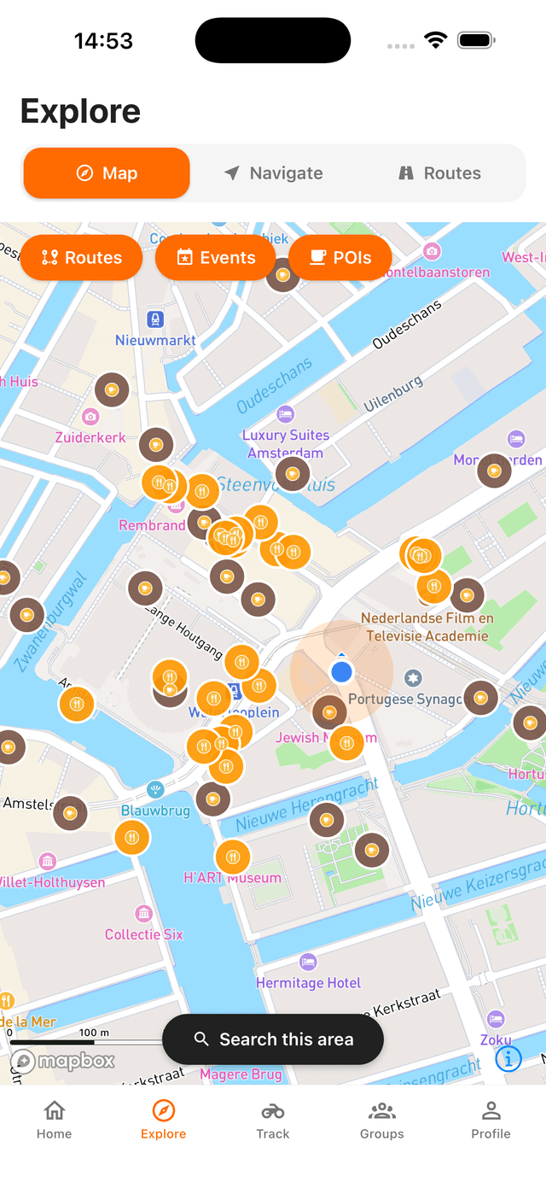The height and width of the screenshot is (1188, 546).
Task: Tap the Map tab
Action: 107,173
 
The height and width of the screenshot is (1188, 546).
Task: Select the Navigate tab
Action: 274,173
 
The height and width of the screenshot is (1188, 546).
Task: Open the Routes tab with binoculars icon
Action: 440,173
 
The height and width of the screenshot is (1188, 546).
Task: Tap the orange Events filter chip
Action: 216,258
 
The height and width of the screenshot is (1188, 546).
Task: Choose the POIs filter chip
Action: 340,258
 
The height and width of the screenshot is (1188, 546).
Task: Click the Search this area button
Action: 273,1039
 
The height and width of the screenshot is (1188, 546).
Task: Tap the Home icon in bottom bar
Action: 54,1120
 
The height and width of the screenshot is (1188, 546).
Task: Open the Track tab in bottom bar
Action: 273,1120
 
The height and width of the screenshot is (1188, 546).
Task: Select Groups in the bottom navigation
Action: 381,1120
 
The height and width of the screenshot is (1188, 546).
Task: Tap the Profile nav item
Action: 491,1120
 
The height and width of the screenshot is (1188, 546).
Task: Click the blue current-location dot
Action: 341,672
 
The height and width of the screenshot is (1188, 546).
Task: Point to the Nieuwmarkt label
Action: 155,340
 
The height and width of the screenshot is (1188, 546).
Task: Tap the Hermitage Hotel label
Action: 309,982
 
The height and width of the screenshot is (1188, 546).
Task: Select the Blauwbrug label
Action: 155,810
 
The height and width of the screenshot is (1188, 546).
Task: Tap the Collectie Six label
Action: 144,934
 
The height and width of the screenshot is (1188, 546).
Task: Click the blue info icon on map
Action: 508,1059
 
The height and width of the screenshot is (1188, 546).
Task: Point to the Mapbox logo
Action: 63,1062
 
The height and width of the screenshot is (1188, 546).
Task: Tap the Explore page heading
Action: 80,112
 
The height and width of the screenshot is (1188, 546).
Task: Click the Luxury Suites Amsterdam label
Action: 286,443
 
